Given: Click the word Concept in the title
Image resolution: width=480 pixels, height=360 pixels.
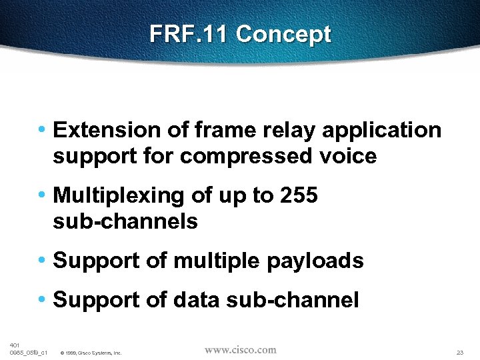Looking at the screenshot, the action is tap(283, 34).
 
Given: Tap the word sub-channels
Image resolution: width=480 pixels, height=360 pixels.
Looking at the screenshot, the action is tap(125, 221).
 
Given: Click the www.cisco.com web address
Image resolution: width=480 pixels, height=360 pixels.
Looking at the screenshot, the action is tap(240, 350).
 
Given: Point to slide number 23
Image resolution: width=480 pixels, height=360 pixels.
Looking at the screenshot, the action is tap(460, 352).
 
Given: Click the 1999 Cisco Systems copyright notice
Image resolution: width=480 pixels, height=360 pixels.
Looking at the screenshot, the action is tap(91, 353).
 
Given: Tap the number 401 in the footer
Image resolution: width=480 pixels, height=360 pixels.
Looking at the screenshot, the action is tap(15, 345).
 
